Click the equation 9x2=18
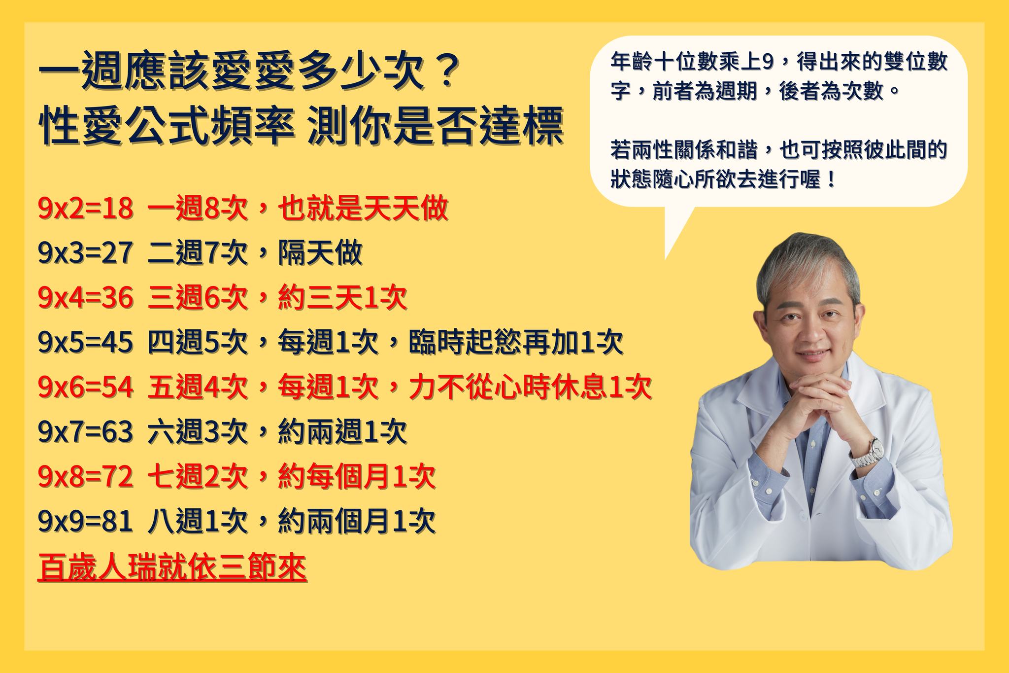(x=85, y=209)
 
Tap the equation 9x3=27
(x=85, y=253)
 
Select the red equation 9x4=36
(x=85, y=298)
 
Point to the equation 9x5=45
(x=85, y=342)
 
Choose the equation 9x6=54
(x=85, y=387)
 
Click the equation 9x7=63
(x=85, y=432)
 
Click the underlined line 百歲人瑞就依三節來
(x=172, y=567)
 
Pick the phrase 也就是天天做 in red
(x=363, y=209)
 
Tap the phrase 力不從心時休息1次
(x=530, y=387)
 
